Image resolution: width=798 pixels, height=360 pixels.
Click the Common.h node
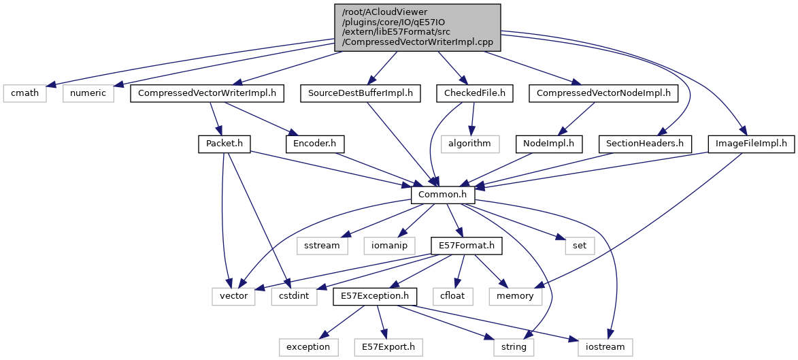tap(443, 195)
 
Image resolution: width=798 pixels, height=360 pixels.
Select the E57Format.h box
tap(466, 245)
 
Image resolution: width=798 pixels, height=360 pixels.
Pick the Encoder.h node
tap(315, 144)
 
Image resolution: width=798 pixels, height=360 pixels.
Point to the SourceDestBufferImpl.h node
tap(361, 93)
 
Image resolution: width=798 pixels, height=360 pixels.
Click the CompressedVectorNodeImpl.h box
tap(603, 93)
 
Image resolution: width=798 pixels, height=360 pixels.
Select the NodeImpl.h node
tap(549, 144)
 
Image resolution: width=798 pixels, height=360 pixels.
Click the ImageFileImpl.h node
tap(751, 144)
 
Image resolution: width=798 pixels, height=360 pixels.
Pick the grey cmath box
tap(24, 93)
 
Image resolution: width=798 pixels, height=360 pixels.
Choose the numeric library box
tap(88, 93)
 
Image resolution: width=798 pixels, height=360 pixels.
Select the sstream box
tap(322, 245)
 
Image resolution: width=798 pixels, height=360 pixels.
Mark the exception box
tap(307, 347)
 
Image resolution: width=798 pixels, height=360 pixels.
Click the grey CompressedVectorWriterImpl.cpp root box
tap(417, 27)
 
